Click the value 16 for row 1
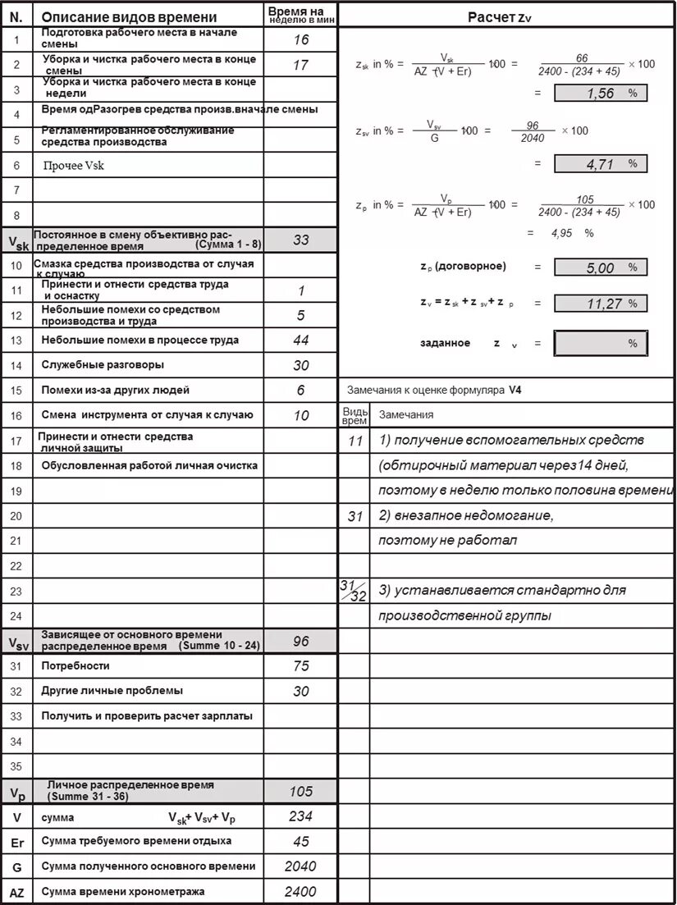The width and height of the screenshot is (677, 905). [301, 40]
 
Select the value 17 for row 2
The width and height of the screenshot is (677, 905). [301, 66]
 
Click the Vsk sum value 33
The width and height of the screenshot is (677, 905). [301, 240]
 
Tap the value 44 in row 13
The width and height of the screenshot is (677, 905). [301, 341]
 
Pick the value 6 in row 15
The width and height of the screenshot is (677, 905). [301, 391]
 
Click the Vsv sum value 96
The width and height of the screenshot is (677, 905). [301, 641]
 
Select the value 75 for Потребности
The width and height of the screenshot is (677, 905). [301, 666]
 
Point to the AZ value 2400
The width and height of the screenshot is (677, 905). [300, 892]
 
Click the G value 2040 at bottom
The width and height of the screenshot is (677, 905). [300, 866]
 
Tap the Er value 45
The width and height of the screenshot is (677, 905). [301, 842]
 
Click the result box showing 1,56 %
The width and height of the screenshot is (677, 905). [601, 94]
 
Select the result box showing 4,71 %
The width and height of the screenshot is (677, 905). [601, 164]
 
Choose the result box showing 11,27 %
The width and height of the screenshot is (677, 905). [601, 304]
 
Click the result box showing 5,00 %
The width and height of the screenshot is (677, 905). [601, 267]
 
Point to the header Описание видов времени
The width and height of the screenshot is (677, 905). [130, 17]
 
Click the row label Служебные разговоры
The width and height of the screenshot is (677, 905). [103, 364]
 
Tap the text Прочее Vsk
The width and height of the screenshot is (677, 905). [74, 166]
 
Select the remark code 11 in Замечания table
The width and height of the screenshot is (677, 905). [355, 441]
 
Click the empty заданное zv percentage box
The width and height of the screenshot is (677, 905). [601, 344]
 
